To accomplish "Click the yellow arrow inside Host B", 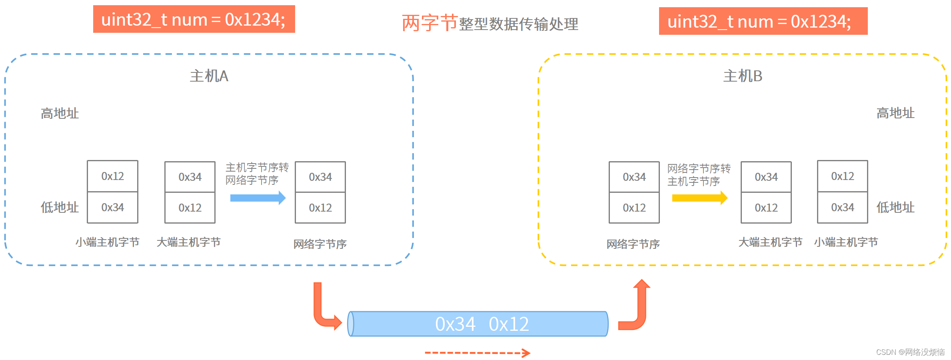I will [x=699, y=198].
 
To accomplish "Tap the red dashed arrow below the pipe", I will [x=477, y=353].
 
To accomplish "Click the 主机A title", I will [x=209, y=76].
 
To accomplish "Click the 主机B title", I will [x=743, y=76].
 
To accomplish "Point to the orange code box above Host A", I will [x=194, y=19].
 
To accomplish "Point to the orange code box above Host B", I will [x=763, y=21].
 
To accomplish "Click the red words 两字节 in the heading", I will [x=430, y=23].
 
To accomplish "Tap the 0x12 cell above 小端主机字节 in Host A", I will [x=112, y=176].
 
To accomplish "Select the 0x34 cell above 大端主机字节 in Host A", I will [x=190, y=177].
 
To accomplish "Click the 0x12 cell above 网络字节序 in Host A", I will [x=320, y=208].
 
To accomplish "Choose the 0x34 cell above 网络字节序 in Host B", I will [x=634, y=177].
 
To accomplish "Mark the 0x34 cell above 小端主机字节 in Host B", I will [x=843, y=208].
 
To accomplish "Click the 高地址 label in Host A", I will [x=60, y=114].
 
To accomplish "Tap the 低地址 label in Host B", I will [x=895, y=208].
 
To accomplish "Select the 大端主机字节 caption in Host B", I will [x=770, y=242].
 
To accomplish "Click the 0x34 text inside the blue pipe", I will [x=455, y=324].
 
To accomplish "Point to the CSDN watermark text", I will [x=910, y=352].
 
